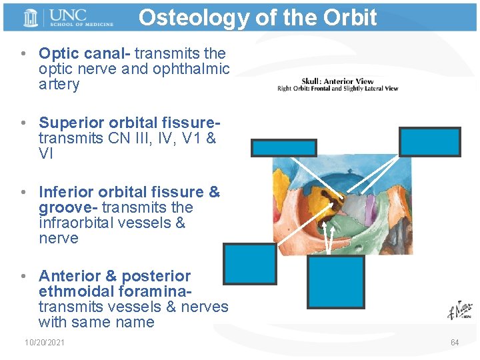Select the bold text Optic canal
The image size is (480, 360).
click(83, 53)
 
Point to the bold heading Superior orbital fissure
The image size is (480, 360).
click(129, 123)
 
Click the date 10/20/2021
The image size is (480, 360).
click(45, 342)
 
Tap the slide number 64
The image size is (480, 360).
click(455, 342)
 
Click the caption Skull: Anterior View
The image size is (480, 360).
click(337, 81)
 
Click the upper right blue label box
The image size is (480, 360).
click(429, 141)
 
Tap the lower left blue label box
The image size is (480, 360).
click(249, 263)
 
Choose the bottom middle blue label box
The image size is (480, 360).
click(336, 281)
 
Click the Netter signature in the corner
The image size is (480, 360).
click(460, 311)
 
